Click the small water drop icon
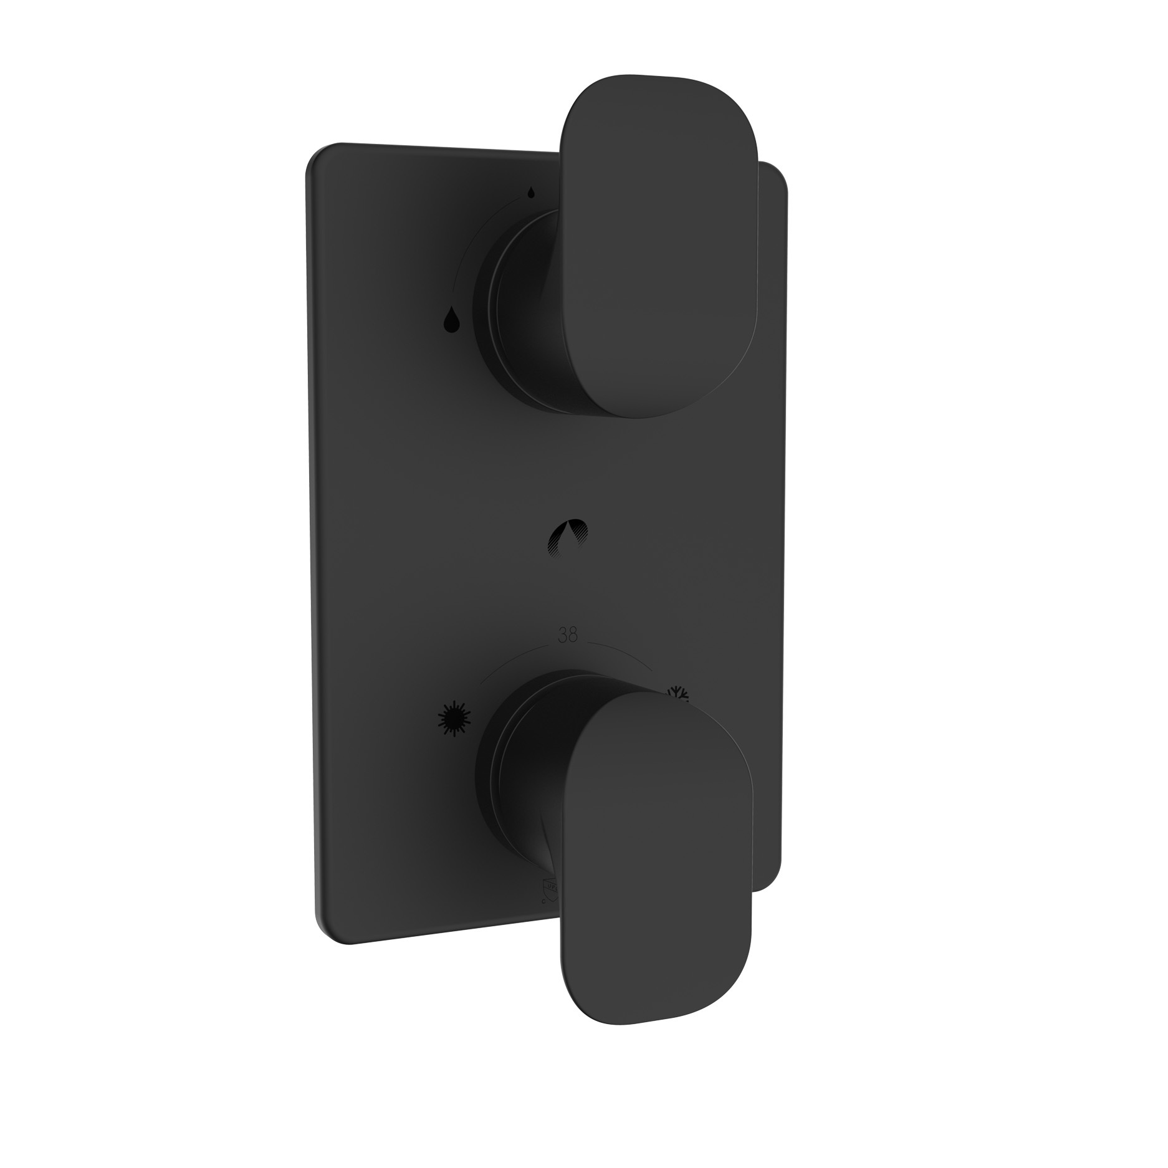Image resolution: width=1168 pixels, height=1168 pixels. (x=530, y=192)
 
